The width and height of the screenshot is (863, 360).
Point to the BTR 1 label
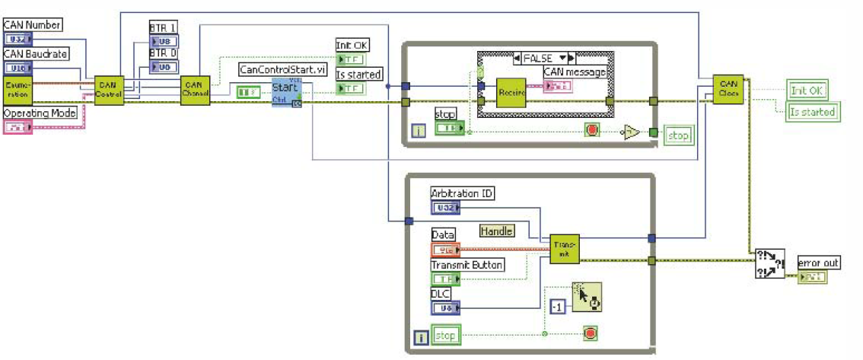click(x=162, y=27)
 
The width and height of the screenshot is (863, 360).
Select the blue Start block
click(x=286, y=92)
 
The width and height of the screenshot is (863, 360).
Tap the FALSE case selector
click(x=543, y=58)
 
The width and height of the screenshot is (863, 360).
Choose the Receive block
click(x=511, y=93)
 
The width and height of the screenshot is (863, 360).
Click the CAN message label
click(x=575, y=72)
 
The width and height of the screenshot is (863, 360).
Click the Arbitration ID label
click(x=463, y=193)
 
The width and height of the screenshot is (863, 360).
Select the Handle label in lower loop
click(x=496, y=231)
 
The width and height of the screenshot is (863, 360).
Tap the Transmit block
click(x=565, y=248)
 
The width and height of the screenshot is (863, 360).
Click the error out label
click(x=818, y=263)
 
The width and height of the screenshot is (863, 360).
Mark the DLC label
click(x=441, y=293)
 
